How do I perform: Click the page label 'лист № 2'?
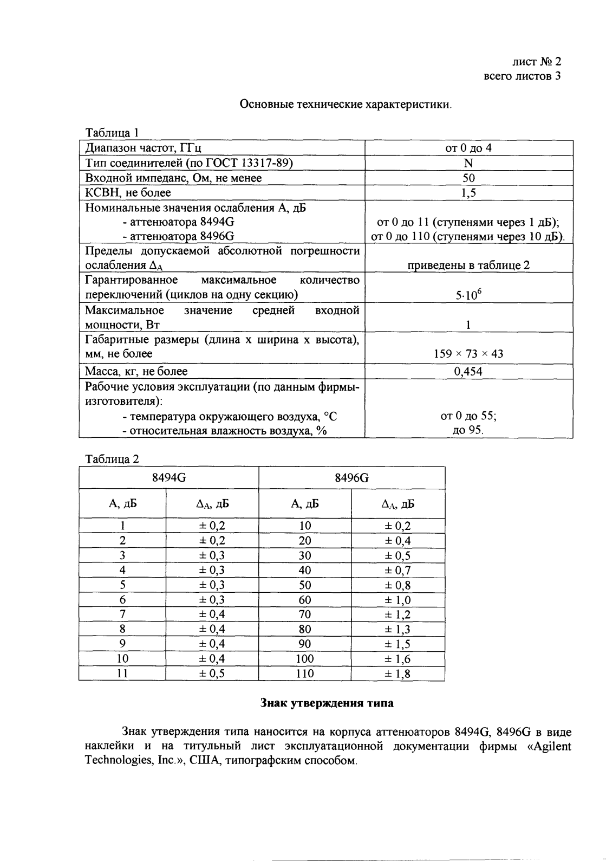click(x=536, y=61)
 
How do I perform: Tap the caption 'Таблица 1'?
click(x=113, y=133)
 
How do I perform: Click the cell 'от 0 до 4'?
click(x=468, y=148)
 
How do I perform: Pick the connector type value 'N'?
click(x=468, y=163)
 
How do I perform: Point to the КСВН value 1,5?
click(x=468, y=193)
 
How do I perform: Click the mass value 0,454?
click(x=468, y=371)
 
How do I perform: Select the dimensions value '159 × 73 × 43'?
click(x=468, y=354)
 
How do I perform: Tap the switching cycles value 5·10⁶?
click(x=468, y=295)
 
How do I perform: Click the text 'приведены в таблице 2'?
click(x=468, y=265)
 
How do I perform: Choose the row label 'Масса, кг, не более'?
click(x=136, y=371)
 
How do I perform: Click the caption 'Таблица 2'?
click(x=113, y=459)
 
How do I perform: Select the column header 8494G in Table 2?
click(x=168, y=477)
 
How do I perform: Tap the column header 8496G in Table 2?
click(x=351, y=477)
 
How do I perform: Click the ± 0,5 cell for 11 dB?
click(x=212, y=674)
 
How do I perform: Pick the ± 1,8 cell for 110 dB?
click(x=398, y=674)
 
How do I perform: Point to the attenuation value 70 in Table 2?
click(x=305, y=614)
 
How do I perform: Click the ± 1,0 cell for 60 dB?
click(x=398, y=600)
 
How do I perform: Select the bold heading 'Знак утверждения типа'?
click(x=327, y=703)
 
